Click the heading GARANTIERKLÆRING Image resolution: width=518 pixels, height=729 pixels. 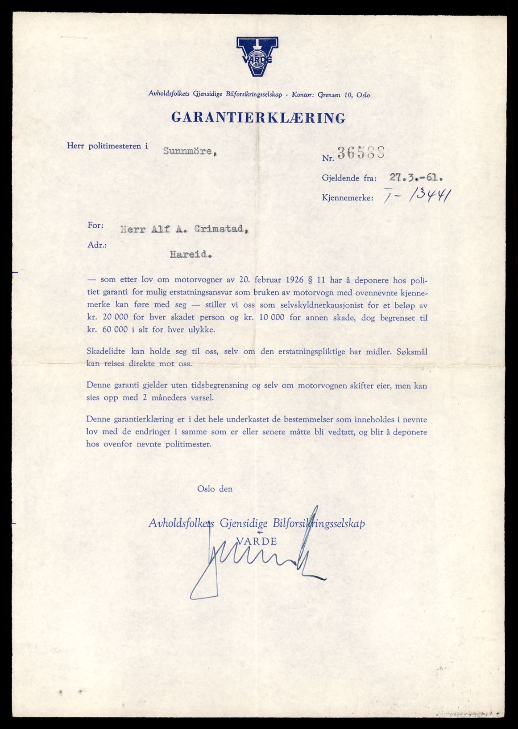(x=258, y=118)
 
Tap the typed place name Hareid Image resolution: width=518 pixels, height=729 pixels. (x=191, y=254)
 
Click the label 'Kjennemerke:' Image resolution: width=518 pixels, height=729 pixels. (x=348, y=197)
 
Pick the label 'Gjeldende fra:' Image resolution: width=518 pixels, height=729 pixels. (x=349, y=178)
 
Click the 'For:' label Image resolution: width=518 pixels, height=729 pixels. (x=95, y=225)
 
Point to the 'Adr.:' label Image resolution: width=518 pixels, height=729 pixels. (x=97, y=245)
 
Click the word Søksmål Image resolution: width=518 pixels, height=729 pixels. (x=412, y=352)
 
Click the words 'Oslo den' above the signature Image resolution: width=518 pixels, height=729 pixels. (x=215, y=489)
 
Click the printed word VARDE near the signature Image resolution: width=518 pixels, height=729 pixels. (x=256, y=541)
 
